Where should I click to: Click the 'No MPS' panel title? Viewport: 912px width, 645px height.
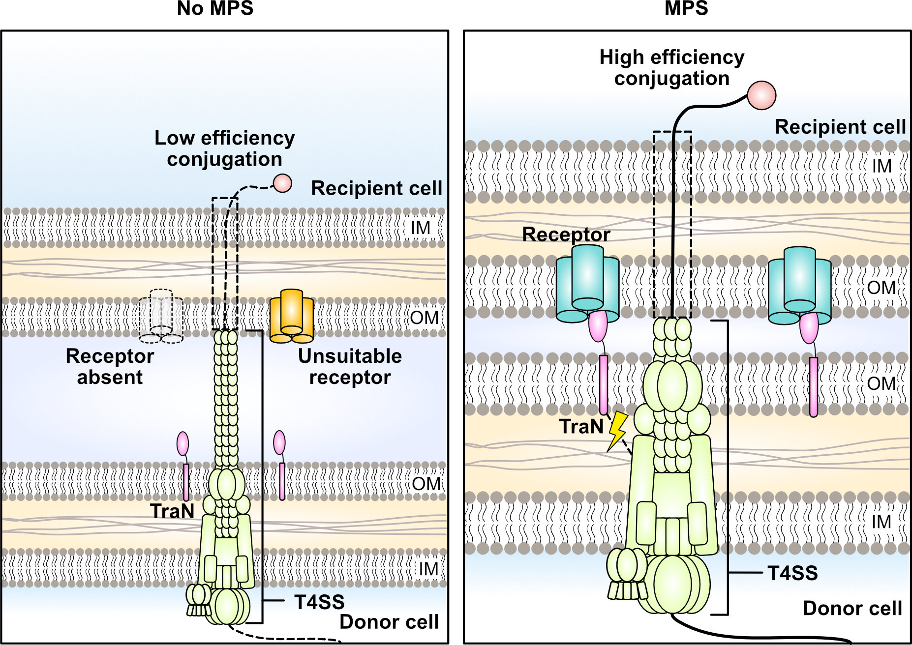point(215,8)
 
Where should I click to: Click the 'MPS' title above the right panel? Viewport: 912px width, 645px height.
point(686,8)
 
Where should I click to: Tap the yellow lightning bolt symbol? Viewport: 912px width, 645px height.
point(617,431)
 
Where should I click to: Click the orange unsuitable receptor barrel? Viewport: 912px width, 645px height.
point(292,316)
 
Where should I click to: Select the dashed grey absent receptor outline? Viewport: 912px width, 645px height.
point(161,316)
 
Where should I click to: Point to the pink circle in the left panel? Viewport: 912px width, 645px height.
point(282,183)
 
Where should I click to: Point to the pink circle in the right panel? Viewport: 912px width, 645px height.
point(761,95)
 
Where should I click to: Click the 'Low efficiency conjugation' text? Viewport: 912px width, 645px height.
point(224,148)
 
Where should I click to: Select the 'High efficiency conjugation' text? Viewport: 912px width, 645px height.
point(671,68)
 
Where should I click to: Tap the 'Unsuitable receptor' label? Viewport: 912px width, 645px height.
point(350,367)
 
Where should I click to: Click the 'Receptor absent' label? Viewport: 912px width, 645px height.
point(110,367)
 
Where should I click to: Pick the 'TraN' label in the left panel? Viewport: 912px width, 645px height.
point(172,511)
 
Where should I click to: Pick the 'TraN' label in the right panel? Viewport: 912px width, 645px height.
point(581,427)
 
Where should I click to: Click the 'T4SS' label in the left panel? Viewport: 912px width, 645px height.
point(319,602)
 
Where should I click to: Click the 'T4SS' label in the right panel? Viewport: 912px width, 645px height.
point(792,573)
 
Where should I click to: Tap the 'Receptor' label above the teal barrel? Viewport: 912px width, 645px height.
point(566,235)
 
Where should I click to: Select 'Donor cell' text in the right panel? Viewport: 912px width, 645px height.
point(852,609)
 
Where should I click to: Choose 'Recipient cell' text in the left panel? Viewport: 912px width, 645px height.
point(376,188)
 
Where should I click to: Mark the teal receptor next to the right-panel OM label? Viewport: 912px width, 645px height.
point(799,285)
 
